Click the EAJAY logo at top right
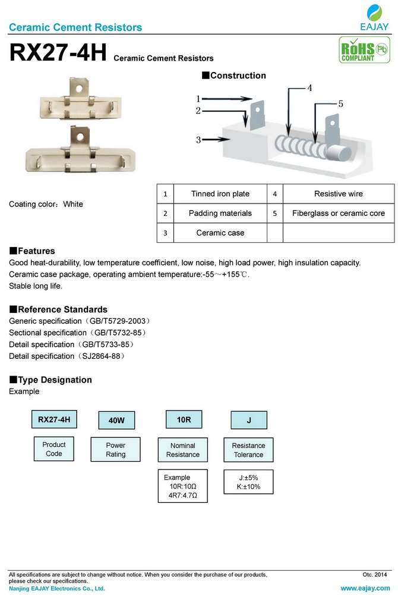[374, 17]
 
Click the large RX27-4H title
[58, 53]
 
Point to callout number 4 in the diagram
[309, 87]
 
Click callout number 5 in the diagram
[340, 103]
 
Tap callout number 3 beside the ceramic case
[198, 140]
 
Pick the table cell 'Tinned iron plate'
[220, 194]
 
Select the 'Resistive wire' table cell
[338, 194]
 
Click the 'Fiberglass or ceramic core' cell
[338, 213]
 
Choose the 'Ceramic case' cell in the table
[220, 233]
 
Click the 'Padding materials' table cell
[220, 213]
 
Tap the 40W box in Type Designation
[116, 420]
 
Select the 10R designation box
[184, 419]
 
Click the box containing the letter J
[248, 420]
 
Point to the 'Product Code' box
[54, 449]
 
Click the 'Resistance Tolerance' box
[248, 450]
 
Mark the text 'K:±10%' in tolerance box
[248, 487]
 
